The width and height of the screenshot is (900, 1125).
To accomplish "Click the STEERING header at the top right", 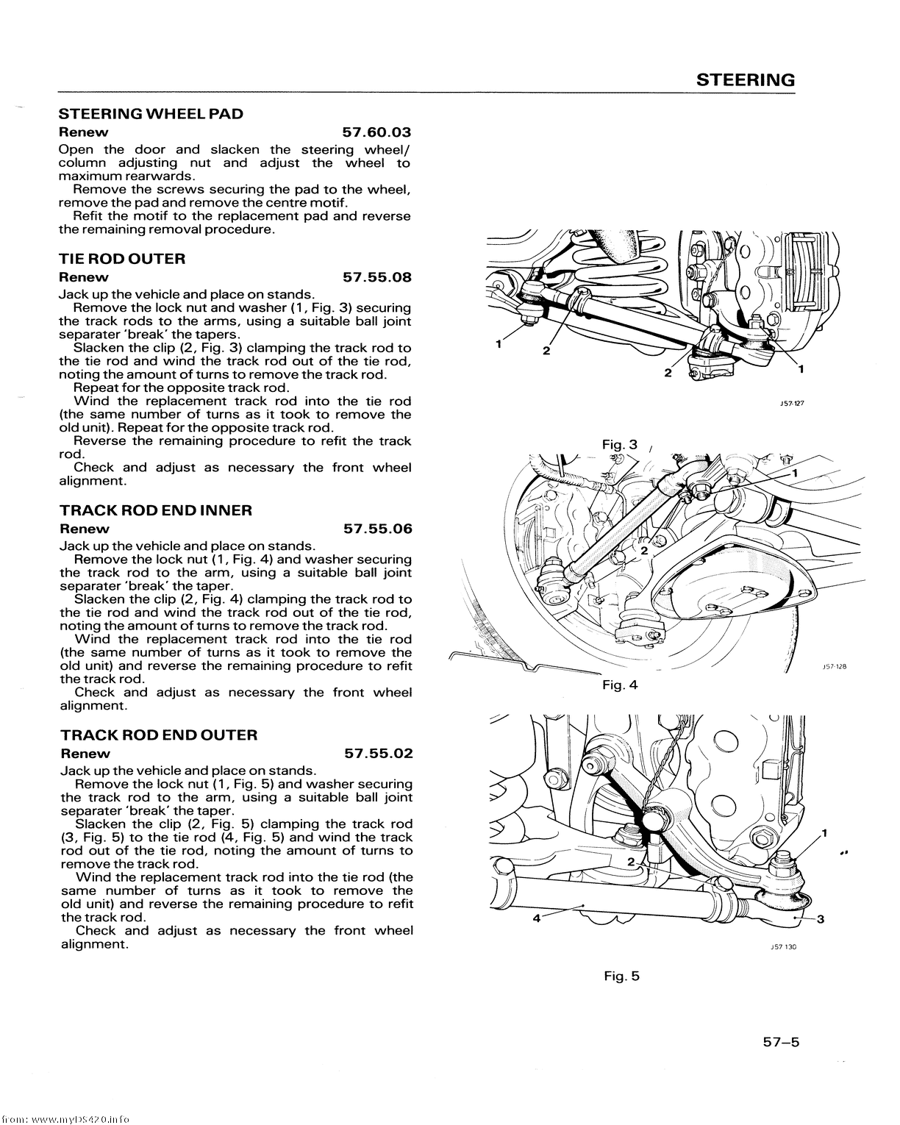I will point(746,80).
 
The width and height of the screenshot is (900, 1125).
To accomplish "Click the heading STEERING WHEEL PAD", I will point(151,114).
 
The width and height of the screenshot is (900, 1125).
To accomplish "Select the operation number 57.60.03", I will point(376,132).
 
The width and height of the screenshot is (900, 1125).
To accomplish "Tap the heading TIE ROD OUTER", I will point(122,259).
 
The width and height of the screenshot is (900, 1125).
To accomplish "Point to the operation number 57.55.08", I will point(376,277).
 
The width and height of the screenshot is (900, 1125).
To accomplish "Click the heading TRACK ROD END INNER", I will point(156,510).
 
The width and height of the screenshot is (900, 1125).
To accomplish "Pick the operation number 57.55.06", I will point(378,529).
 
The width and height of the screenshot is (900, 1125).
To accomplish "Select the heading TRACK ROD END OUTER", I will point(159,735).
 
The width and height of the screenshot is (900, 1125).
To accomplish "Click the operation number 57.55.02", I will point(379,754).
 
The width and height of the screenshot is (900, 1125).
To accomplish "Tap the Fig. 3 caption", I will point(620,445).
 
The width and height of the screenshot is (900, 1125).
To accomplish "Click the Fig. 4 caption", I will point(620,685).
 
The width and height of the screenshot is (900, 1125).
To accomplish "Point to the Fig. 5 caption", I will point(622,976).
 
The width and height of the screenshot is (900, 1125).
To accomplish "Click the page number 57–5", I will point(779,1042).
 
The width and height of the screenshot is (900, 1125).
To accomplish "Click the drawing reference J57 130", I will point(784,948).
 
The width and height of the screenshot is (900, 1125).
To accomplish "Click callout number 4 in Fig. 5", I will point(537,918).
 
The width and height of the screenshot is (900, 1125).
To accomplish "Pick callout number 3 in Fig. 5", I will point(821,918).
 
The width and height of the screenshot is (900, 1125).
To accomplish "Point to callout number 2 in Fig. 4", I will point(644,551).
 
